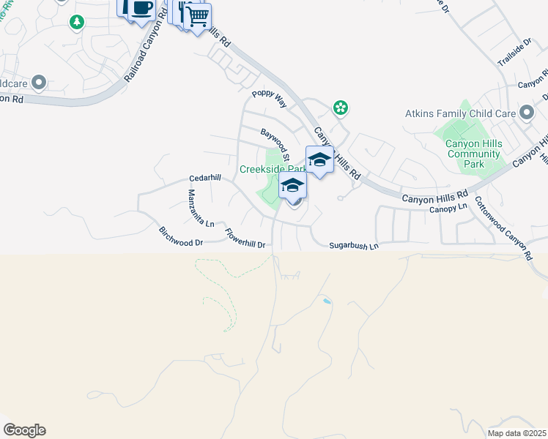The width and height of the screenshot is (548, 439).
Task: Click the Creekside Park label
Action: click(270, 169)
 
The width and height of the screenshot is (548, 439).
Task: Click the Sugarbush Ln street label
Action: click(353, 247)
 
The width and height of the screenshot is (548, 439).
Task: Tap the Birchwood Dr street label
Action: click(180, 236)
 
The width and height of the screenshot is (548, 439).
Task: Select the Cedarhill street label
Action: click(204, 178)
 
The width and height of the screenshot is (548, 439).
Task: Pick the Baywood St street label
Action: click(276, 143)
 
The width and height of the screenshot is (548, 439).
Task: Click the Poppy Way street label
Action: click(268, 99)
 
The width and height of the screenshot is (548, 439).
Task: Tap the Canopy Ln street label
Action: click(448, 208)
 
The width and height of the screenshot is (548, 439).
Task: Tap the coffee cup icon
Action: click(141, 9)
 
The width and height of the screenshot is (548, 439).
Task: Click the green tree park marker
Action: click(76, 23)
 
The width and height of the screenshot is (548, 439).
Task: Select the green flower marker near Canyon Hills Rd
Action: click(340, 108)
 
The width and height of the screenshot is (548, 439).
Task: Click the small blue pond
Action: click(326, 301)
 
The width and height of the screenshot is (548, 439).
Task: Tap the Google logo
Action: click(24, 430)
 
